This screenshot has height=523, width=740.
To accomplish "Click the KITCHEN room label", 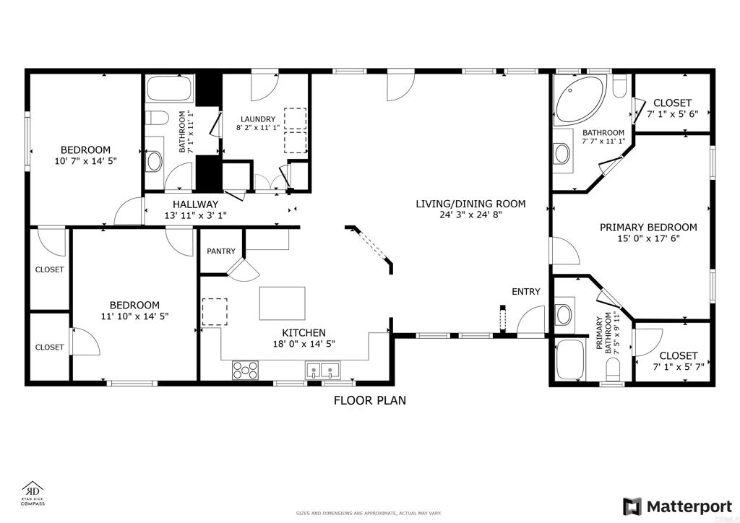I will coord(304,333).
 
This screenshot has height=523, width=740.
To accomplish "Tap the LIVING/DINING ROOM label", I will coord(470,204).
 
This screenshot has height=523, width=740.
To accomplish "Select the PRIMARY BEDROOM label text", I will coord(648,227).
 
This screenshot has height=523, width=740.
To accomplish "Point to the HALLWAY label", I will coord(195,204).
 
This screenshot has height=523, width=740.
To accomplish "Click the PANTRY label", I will coord(221,251).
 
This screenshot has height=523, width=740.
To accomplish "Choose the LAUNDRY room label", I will coord(257,119).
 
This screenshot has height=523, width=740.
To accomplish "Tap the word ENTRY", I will coord(525,292).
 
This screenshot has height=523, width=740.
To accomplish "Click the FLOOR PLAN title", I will coord(369,400).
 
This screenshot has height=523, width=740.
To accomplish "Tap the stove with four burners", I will coord(246,370).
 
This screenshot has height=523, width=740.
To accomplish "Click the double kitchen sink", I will coord(322,371).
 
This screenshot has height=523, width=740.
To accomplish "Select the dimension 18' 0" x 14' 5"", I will coord(304,345).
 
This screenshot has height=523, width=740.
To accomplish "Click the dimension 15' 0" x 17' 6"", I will coord(648,239).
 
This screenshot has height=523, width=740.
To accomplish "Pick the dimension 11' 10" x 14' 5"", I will coord(134,316).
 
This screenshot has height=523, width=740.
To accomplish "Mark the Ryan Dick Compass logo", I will coord(33,493).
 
